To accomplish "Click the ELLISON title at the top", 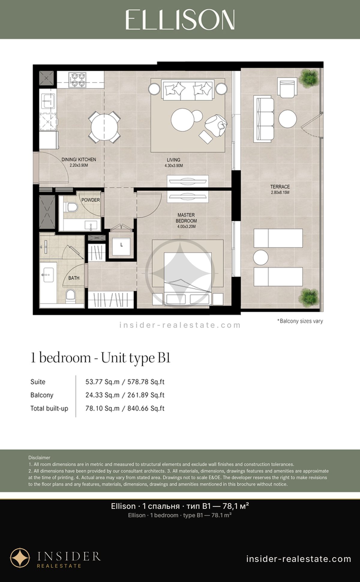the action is click(x=180, y=19).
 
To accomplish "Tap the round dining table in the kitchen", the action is click(x=104, y=127).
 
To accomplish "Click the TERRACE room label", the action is click(x=280, y=187).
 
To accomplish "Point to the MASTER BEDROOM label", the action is click(x=186, y=218).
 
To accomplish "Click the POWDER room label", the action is click(x=91, y=200).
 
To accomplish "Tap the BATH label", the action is click(x=74, y=278).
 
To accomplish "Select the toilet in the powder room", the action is click(x=71, y=207).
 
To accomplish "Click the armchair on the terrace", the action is click(x=287, y=87).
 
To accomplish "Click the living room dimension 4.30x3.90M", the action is click(x=174, y=166).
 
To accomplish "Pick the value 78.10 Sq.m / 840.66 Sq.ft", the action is click(x=125, y=408).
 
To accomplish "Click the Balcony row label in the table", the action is click(x=42, y=395).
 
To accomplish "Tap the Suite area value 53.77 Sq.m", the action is click(x=102, y=382).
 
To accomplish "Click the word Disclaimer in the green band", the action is click(x=39, y=458).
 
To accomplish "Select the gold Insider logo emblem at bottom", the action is click(x=20, y=558).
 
